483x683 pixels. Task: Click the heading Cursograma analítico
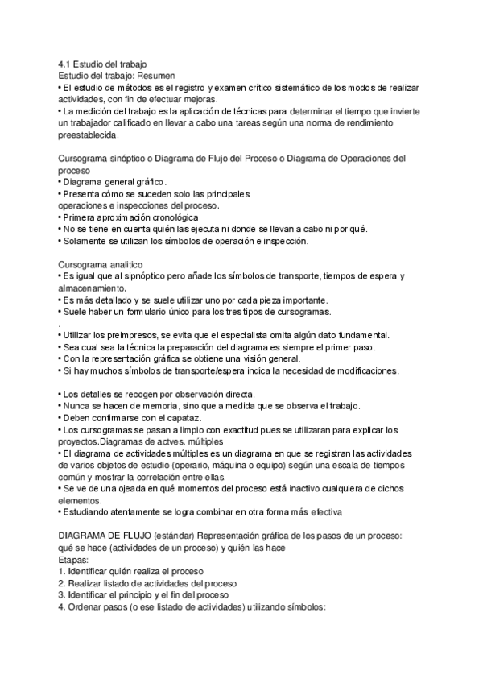pyautogui.click(x=101, y=264)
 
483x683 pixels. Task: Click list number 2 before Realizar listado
pyautogui.click(x=62, y=583)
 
